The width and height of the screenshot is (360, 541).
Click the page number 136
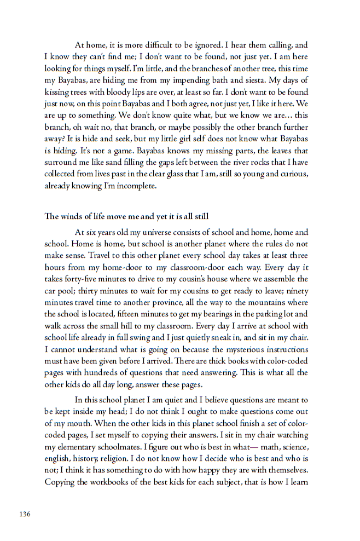(25, 514)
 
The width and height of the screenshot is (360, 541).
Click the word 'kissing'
(57, 92)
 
